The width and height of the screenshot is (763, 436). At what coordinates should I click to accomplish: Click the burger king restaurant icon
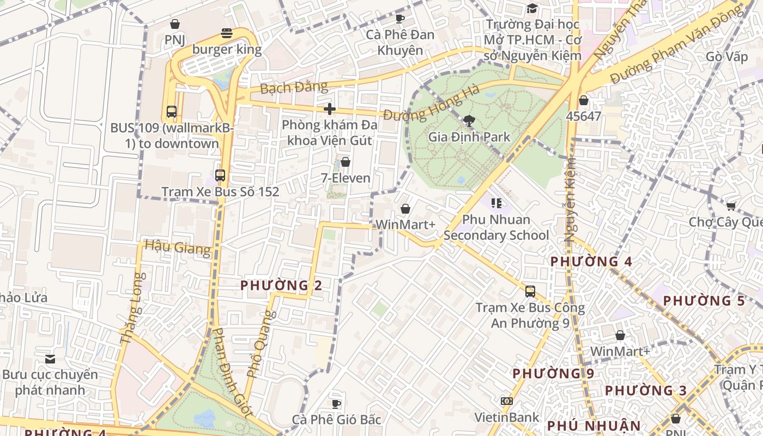click(227, 34)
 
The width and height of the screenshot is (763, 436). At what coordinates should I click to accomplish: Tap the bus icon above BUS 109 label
click(172, 112)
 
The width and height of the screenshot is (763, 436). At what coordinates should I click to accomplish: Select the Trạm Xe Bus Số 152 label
click(220, 192)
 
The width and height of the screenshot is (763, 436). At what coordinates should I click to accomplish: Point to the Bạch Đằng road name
click(294, 87)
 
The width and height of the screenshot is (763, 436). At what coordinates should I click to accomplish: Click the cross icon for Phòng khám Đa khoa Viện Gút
click(330, 109)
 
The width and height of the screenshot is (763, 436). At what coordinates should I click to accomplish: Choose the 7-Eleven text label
click(345, 178)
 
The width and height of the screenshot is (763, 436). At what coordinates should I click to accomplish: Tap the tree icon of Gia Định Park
click(469, 121)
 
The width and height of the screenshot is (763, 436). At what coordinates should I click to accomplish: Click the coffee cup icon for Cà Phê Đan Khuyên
click(400, 19)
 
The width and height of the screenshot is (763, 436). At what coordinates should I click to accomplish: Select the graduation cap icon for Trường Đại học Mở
click(532, 8)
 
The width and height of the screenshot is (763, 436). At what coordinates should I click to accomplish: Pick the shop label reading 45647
click(583, 116)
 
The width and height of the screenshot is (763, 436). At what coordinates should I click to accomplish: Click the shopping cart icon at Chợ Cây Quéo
click(731, 206)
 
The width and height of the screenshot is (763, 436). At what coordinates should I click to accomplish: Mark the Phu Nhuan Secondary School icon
click(496, 203)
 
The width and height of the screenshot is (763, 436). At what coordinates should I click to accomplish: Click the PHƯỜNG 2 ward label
click(281, 285)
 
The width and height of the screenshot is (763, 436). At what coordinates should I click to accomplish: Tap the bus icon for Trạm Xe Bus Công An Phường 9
click(530, 292)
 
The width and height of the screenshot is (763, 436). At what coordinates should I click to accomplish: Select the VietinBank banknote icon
click(507, 401)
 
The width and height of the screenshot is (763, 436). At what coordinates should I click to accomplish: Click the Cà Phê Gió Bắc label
click(336, 420)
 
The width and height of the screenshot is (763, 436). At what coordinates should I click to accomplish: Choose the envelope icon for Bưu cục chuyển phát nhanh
click(50, 359)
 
